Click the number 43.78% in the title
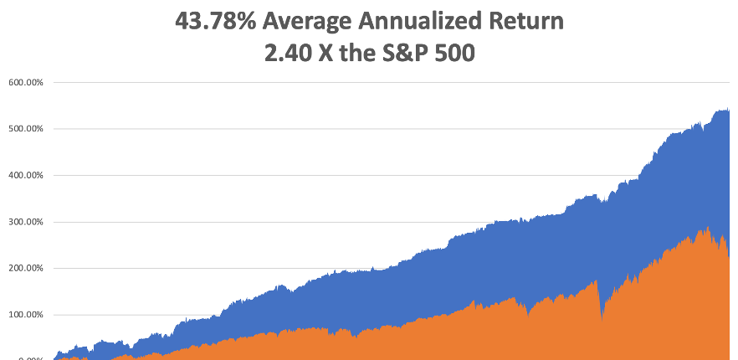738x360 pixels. tap(212, 22)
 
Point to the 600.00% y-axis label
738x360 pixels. tap(26, 83)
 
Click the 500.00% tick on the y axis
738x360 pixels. tap(26, 129)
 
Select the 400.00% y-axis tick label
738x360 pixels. tap(26, 176)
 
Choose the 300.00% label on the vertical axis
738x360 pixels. tap(26, 223)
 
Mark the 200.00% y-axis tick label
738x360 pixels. tap(26, 269)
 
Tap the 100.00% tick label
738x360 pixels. tap(26, 316)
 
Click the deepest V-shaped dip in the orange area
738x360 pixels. tap(602, 319)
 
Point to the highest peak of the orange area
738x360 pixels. tap(708, 228)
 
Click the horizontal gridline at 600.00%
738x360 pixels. tap(377, 82)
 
